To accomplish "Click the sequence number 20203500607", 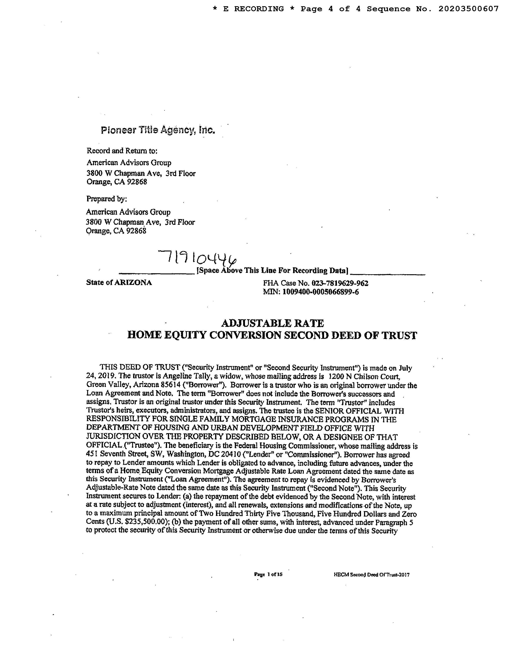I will [468, 9].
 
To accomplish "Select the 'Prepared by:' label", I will [106, 199].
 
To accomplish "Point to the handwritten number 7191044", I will [197, 258].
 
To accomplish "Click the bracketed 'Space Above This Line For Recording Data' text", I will [272, 270].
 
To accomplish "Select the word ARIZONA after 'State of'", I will [133, 283].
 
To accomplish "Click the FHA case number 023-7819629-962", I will [340, 283].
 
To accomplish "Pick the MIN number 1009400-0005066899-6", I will [321, 292].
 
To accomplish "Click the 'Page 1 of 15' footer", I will [268, 574].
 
